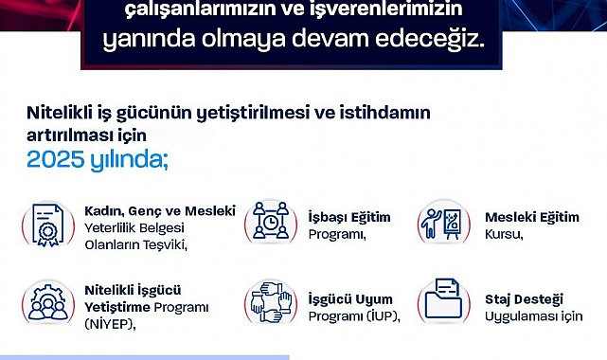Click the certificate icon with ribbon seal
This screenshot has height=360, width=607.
pyautogui.click(x=48, y=225)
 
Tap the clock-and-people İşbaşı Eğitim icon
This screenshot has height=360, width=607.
pyautogui.click(x=271, y=220)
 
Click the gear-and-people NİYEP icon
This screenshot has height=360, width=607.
pyautogui.click(x=48, y=302)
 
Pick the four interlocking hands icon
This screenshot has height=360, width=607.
pyautogui.click(x=271, y=302)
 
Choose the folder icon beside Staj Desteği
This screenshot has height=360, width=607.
pyautogui.click(x=443, y=298)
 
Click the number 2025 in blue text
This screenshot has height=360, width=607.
pyautogui.click(x=55, y=159)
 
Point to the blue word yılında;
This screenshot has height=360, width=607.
pyautogui.click(x=130, y=160)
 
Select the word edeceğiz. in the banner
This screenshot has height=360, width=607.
pyautogui.click(x=430, y=39)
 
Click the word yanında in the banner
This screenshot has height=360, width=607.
pyautogui.click(x=149, y=40)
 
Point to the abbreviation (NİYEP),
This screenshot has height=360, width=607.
pyautogui.click(x=111, y=324)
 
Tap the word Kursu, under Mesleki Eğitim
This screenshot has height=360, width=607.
pyautogui.click(x=504, y=234)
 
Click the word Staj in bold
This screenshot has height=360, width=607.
pyautogui.click(x=498, y=299)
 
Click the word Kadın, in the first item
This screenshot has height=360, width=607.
pyautogui.click(x=104, y=211)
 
